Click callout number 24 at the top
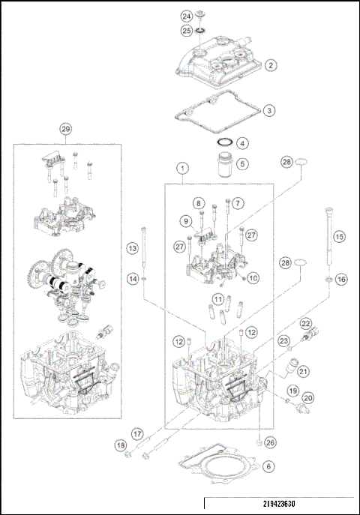point(186,16)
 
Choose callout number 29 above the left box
point(65,129)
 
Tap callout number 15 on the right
point(339,236)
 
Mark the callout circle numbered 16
point(341,279)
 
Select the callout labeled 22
point(306,323)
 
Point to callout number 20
point(307,398)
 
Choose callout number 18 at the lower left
point(121,445)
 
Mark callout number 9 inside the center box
point(185,220)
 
